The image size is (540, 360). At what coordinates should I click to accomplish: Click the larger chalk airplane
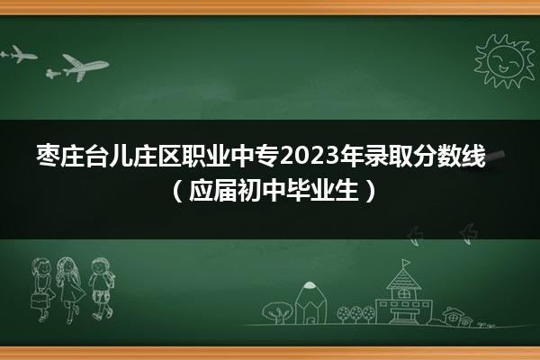click(85, 67)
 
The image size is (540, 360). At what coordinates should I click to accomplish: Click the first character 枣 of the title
click(48, 156)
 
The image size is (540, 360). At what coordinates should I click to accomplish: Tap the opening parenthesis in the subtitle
click(176, 191)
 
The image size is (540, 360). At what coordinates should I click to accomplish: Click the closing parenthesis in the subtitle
click(370, 191)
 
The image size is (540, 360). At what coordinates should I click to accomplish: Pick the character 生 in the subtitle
click(347, 191)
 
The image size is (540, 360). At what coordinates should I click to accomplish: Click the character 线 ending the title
click(472, 156)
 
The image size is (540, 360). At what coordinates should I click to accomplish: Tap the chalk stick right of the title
click(495, 157)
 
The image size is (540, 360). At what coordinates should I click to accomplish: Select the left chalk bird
click(414, 236)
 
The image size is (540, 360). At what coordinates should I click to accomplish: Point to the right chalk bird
click(469, 234)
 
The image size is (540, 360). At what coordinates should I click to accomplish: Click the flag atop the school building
click(406, 263)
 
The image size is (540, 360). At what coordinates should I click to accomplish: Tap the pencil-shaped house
click(310, 302)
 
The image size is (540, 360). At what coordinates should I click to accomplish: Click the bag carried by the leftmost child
click(40, 301)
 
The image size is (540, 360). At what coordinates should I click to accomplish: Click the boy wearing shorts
click(102, 289)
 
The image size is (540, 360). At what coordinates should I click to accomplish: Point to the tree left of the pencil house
click(277, 312)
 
